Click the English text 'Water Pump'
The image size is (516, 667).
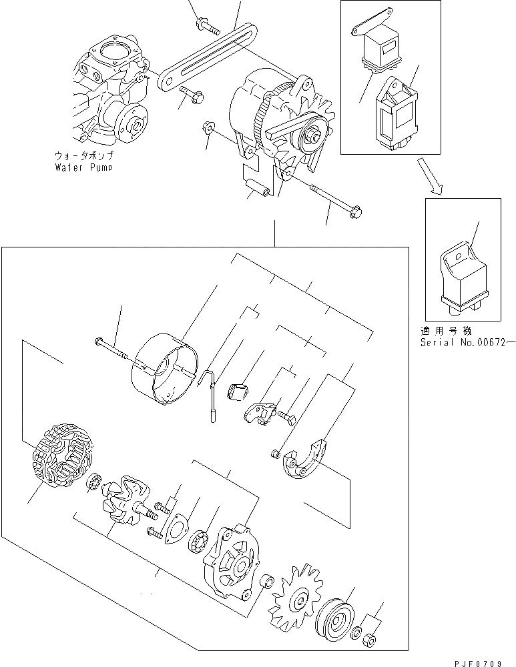83,167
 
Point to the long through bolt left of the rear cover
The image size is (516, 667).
111,349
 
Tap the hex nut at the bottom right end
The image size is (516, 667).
371,641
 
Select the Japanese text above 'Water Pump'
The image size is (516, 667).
83,155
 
